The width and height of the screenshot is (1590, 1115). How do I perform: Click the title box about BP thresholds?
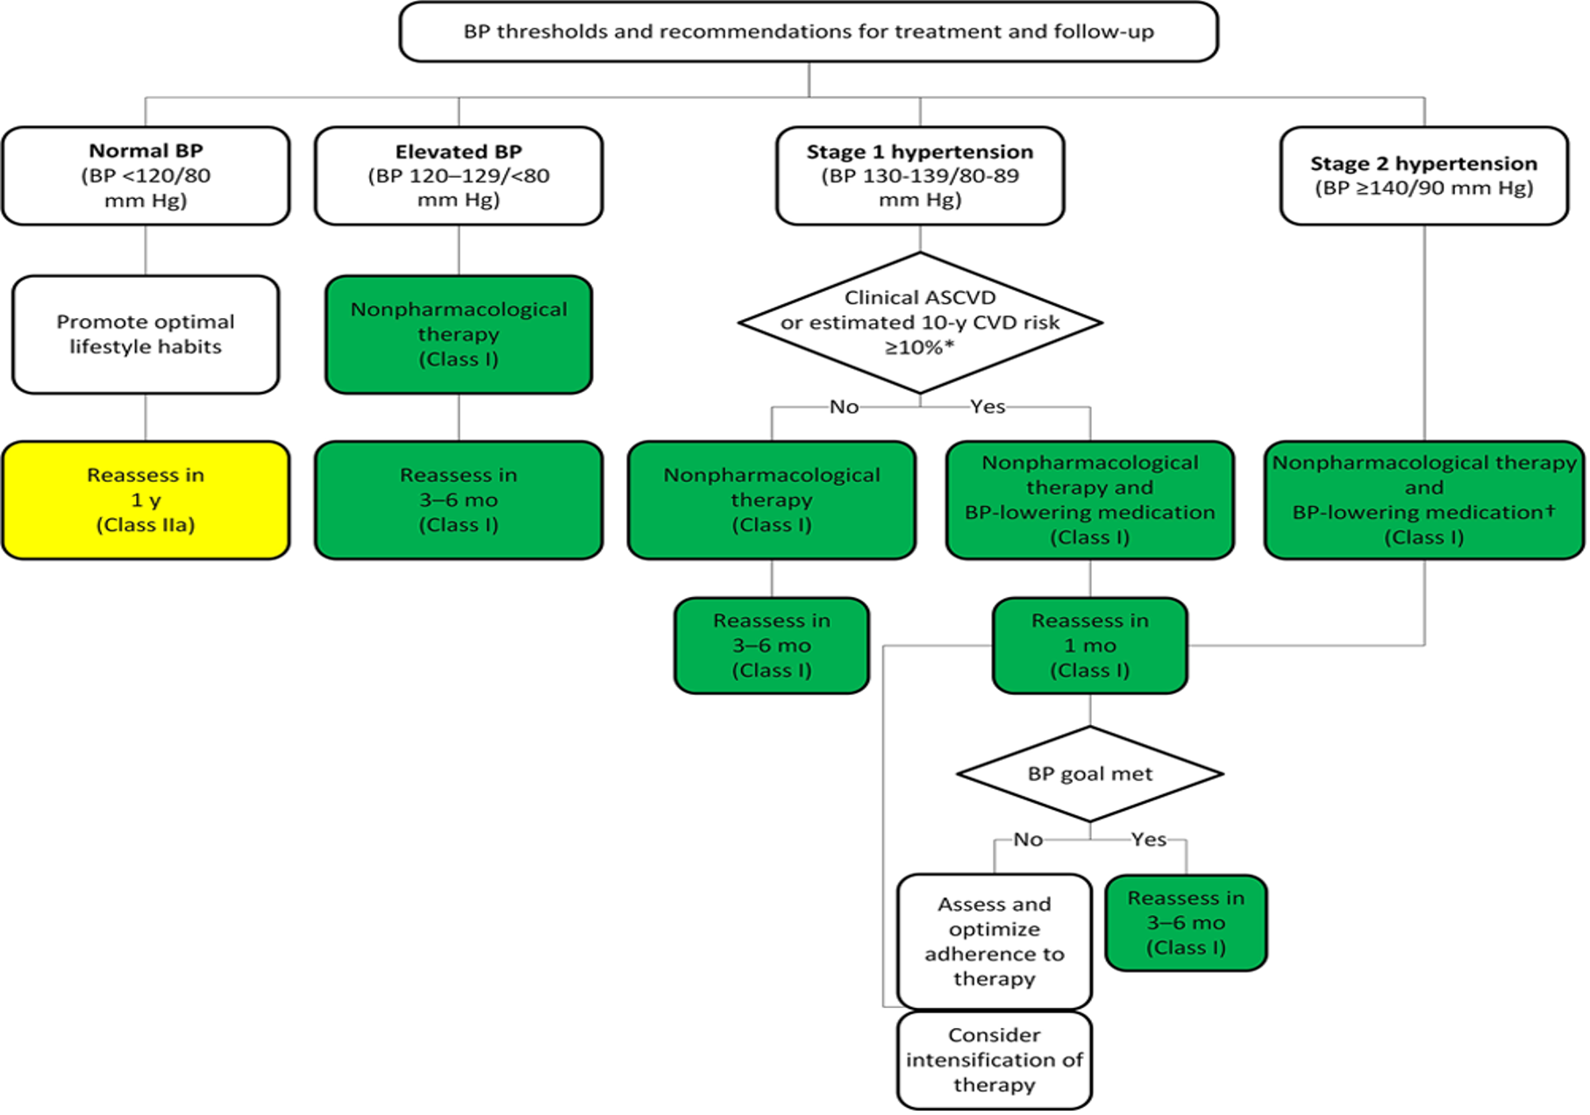(x=808, y=32)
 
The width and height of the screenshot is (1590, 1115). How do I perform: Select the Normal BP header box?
(x=146, y=175)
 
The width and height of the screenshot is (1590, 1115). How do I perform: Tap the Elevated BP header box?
(x=459, y=175)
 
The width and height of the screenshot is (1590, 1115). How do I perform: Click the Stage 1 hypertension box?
(x=920, y=175)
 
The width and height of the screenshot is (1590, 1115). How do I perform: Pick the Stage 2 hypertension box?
(x=1423, y=175)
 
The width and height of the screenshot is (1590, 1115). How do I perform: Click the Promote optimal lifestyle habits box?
(x=146, y=334)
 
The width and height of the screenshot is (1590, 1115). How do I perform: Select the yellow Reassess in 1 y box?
(x=146, y=500)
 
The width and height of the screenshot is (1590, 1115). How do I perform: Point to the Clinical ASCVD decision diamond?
(x=920, y=322)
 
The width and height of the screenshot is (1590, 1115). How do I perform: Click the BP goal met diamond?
(x=1089, y=774)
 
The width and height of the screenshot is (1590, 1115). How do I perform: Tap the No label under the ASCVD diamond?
(x=844, y=407)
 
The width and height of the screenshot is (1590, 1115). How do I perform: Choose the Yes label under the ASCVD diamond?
(x=988, y=407)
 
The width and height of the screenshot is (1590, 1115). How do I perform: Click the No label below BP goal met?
(x=1028, y=840)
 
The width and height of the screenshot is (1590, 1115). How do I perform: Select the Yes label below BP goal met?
(x=1148, y=840)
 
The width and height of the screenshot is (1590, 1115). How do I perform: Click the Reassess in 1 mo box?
(x=1089, y=645)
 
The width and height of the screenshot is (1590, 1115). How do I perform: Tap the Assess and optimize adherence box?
(x=994, y=941)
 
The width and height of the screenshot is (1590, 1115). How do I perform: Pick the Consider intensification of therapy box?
(x=994, y=1060)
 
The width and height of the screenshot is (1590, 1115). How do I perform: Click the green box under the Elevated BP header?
(x=459, y=334)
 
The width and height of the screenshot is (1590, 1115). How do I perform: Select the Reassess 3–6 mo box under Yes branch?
(x=1186, y=922)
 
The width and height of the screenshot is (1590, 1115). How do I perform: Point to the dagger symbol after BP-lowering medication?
(x=1551, y=509)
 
